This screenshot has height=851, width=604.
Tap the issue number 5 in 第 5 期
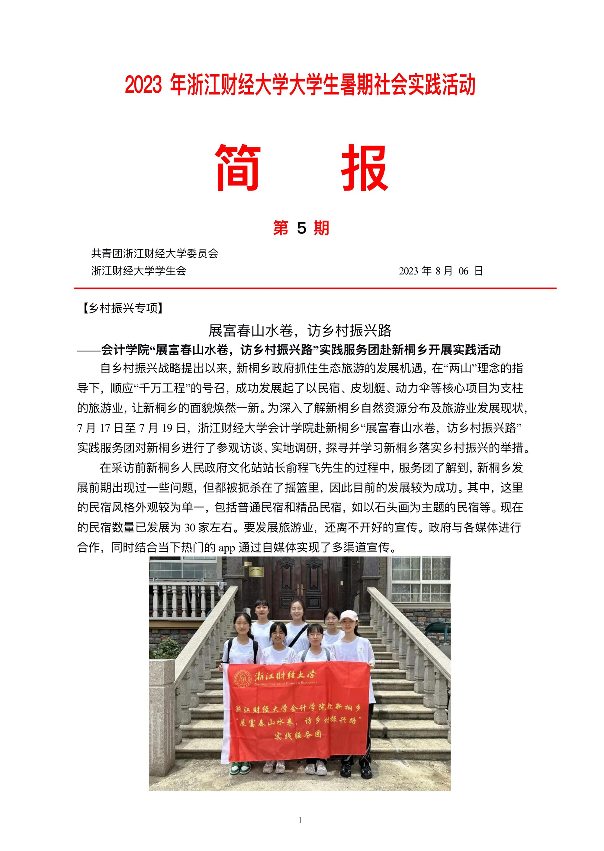301,228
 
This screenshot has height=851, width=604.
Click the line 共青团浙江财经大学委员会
154,253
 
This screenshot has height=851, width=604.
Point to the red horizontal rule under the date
315,288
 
